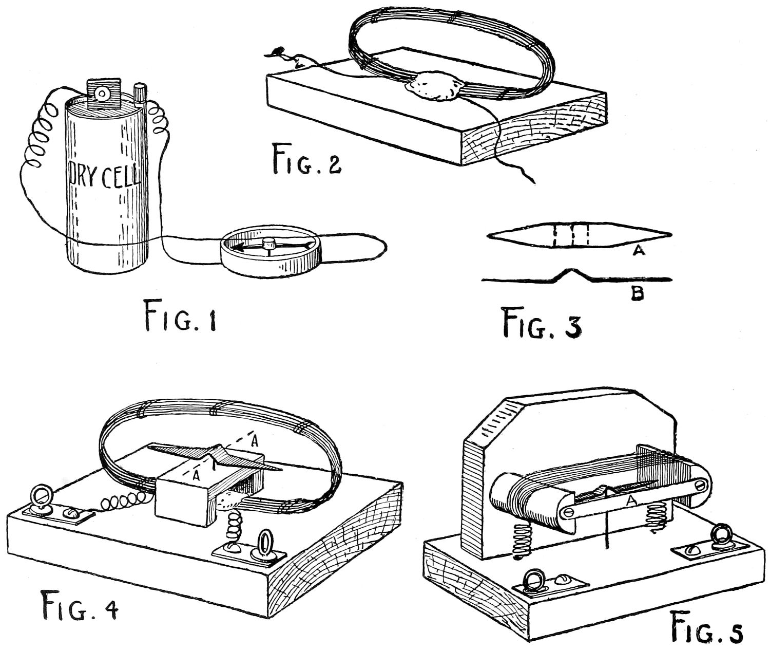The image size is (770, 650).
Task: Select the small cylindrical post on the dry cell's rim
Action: [139, 94]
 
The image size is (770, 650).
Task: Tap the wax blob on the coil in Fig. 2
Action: [434, 86]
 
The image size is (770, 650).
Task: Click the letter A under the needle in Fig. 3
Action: [639, 251]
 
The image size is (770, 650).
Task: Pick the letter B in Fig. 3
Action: [637, 294]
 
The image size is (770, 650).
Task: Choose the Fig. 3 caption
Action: [542, 323]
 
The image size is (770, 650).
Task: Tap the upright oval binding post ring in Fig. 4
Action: [265, 543]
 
